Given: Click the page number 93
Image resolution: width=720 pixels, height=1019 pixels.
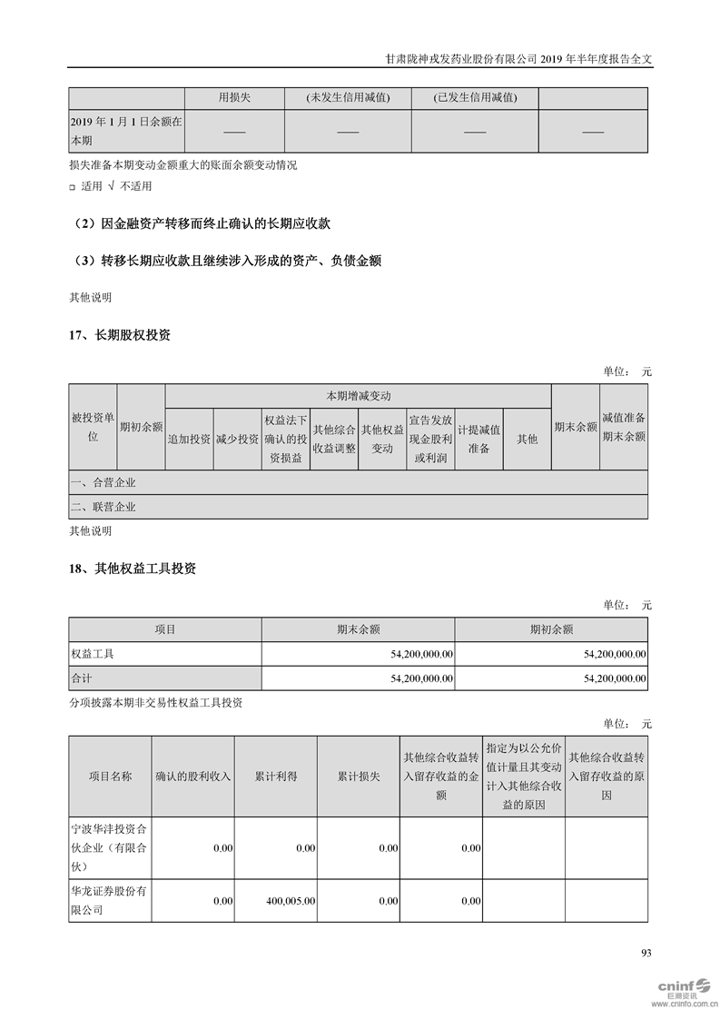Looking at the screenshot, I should tap(646, 953).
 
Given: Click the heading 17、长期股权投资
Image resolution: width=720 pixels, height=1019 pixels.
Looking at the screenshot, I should tap(120, 335).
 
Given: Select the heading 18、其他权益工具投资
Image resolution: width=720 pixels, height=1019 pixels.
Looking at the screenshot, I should tap(133, 569).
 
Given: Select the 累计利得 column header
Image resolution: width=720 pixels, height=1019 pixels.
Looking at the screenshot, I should tap(275, 777).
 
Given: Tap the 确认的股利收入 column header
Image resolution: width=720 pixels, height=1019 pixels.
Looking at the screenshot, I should tap(193, 777).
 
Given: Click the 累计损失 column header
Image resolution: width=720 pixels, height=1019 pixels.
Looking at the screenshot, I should tap(358, 777).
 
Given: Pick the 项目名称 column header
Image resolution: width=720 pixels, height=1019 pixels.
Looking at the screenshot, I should tap(110, 777).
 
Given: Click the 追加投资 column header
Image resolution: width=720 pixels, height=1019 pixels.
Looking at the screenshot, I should tap(189, 439).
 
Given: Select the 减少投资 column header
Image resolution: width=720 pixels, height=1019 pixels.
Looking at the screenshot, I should tap(237, 439).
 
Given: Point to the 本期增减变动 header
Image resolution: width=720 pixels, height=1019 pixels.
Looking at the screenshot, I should tap(358, 396).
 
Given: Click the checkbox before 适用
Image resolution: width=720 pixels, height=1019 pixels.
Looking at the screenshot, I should tap(73, 187).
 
